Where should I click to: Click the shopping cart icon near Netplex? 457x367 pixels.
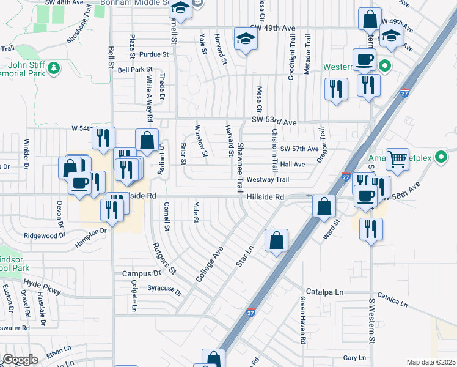pyautogui.click(x=398, y=160)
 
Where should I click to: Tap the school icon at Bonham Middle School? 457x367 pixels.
pyautogui.click(x=180, y=9)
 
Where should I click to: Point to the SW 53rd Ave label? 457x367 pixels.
pyautogui.click(x=274, y=122)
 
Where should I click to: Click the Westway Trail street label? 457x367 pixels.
pyautogui.click(x=268, y=180)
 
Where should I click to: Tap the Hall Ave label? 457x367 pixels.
pyautogui.click(x=292, y=165)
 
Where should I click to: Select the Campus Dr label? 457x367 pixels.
pyautogui.click(x=141, y=273)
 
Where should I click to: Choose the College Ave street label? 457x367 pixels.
pyautogui.click(x=210, y=265)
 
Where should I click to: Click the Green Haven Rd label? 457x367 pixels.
pyautogui.click(x=302, y=319)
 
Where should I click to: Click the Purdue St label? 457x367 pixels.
pyautogui.click(x=153, y=54)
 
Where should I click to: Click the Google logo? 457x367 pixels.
pyautogui.click(x=21, y=360)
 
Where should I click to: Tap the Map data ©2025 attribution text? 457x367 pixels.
pyautogui.click(x=431, y=362)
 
